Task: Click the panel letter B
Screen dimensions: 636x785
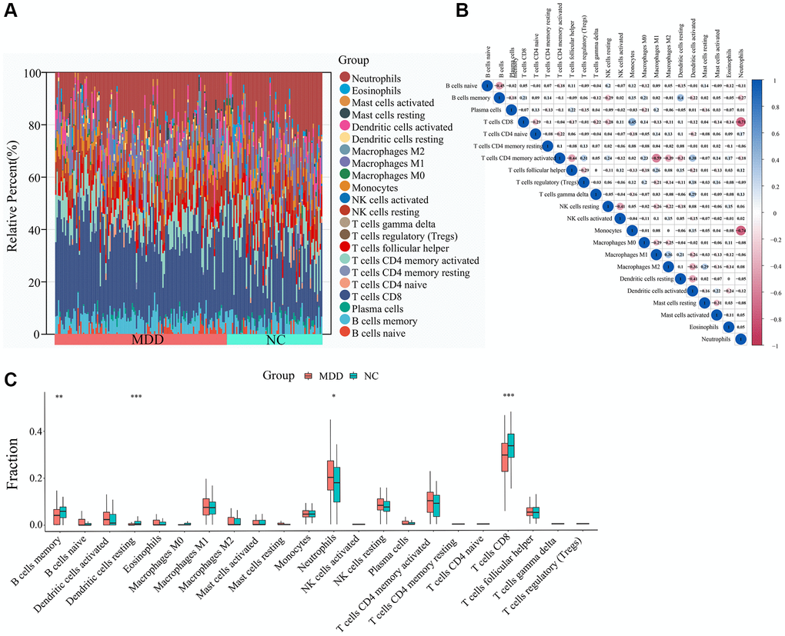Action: click(460, 10)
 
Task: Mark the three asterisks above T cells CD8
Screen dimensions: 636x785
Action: click(508, 397)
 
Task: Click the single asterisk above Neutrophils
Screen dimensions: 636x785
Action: click(333, 397)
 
